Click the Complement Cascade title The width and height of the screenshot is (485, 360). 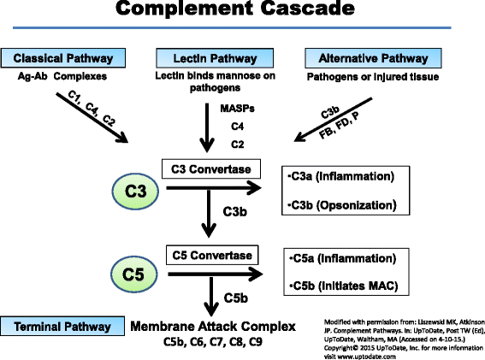[242, 11]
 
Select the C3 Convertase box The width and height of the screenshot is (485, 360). [209, 167]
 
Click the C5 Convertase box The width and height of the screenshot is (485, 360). [209, 255]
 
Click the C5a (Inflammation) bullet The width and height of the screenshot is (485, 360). [337, 259]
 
